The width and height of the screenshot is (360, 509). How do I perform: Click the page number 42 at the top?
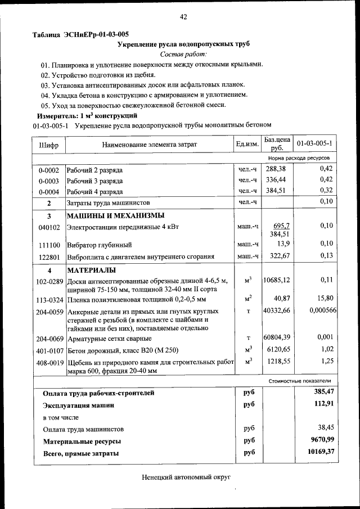[x=183, y=17]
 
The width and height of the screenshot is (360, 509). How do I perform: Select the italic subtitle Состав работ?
[x=183, y=54]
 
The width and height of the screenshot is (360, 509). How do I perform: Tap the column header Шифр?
[x=48, y=145]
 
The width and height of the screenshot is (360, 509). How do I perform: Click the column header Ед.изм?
[x=247, y=145]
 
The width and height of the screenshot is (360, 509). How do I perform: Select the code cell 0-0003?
[x=48, y=181]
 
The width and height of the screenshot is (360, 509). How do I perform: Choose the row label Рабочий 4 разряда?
[x=94, y=191]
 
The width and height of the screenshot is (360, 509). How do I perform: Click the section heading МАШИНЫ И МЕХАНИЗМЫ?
[x=116, y=216]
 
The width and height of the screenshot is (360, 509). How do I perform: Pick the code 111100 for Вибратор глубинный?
[x=48, y=245]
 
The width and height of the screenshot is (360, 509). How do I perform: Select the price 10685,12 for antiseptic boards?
[x=277, y=280]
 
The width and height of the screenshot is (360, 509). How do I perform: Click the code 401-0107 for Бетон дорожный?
[x=48, y=350]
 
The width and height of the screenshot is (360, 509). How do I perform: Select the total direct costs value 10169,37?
[x=317, y=452]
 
